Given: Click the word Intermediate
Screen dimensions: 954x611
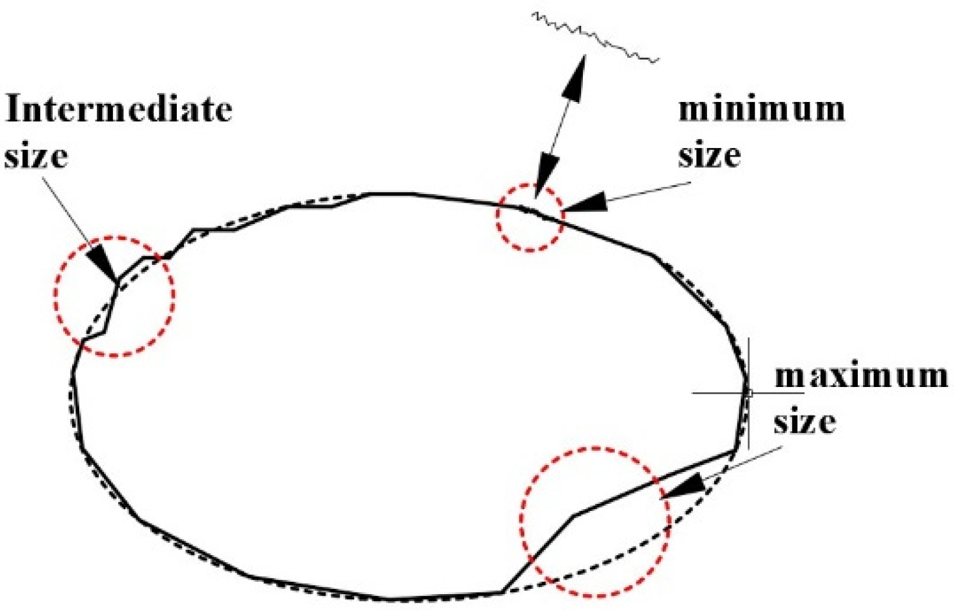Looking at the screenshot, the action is (118, 110).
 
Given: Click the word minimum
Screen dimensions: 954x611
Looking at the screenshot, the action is (762, 110).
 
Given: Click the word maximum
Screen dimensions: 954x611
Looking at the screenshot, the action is (861, 377).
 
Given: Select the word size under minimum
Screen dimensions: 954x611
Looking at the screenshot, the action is (710, 156).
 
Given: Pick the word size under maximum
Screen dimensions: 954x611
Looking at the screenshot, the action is (805, 423).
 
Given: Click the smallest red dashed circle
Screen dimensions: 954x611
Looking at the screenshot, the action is (530, 218).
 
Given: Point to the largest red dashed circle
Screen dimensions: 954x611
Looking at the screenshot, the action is (595, 522).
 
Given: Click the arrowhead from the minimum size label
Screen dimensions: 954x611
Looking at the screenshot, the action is (585, 203).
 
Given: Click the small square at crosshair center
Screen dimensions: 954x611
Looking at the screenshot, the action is (748, 393).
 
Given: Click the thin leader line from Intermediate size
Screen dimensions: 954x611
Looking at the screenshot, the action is (68, 208).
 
